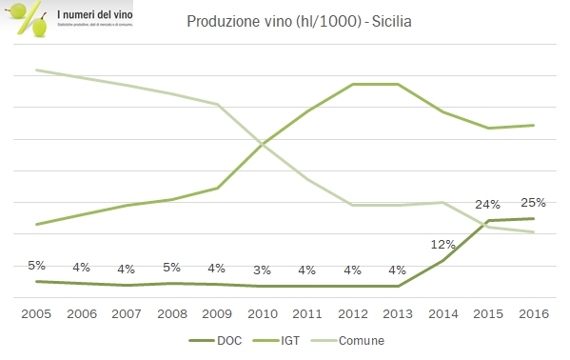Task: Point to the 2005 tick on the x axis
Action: click(36, 312)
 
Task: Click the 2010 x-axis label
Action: click(262, 312)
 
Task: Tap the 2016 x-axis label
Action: click(533, 312)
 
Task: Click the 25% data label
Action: click(533, 202)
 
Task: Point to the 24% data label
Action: click(488, 204)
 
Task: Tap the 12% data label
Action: click(442, 244)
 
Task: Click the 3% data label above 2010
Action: click(262, 270)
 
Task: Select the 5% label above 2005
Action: click(36, 266)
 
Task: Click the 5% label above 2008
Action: click(171, 267)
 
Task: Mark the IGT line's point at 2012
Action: click(352, 84)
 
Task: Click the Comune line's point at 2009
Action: click(217, 104)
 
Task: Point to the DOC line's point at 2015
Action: click(488, 221)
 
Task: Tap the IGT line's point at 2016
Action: click(533, 125)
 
